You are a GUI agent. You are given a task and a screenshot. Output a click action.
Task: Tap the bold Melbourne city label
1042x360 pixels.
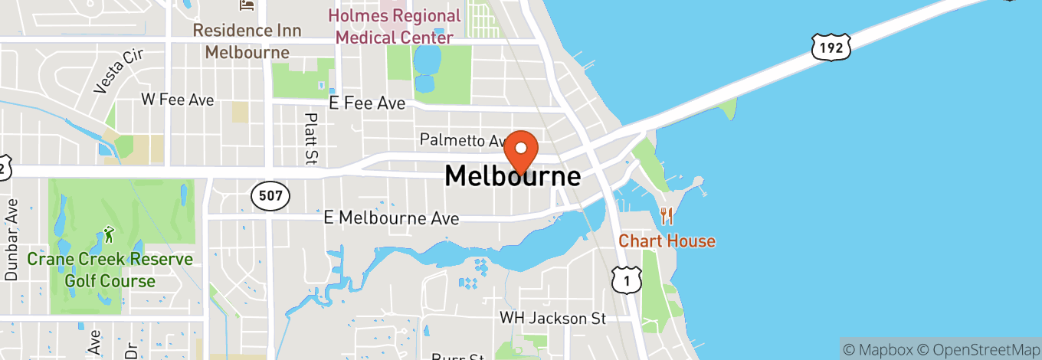click(513, 177)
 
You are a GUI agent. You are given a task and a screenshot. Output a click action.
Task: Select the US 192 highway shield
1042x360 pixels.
click(831, 47)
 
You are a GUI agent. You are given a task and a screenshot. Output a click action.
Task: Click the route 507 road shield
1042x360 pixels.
click(270, 196)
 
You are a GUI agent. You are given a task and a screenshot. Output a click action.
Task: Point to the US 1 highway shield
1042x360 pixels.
click(626, 281)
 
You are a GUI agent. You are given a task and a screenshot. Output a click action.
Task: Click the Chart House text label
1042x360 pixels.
click(667, 241)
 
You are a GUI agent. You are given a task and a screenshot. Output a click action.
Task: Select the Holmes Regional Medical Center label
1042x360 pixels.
click(395, 26)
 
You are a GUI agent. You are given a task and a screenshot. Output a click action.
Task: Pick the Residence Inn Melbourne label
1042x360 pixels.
click(247, 41)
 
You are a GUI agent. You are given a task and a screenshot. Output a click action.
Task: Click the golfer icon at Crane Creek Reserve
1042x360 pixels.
click(109, 233)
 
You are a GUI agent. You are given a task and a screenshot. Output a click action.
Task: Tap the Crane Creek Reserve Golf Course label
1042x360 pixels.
click(110, 270)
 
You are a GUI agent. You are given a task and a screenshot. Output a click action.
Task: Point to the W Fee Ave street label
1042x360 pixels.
click(178, 100)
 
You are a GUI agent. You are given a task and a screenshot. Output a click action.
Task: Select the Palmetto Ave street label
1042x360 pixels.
click(463, 141)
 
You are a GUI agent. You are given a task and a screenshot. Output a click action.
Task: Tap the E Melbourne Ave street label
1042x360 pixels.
click(392, 218)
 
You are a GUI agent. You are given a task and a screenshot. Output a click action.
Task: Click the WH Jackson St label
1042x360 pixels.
click(552, 317)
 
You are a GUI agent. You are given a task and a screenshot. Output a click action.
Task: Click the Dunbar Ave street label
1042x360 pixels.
click(11, 240)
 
